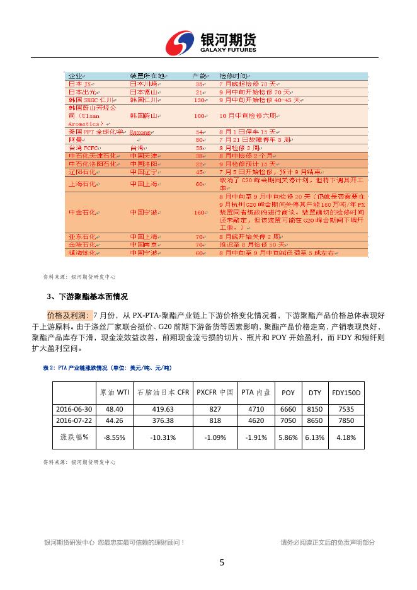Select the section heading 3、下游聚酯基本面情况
[x=88, y=296]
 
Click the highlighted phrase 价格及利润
[x=68, y=315]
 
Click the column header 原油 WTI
[x=115, y=392]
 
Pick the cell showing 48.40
[x=114, y=408]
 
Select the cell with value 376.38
[x=163, y=420]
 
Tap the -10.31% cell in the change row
[x=163, y=436]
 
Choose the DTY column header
[x=314, y=392]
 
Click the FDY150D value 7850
[x=346, y=420]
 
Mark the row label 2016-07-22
[x=74, y=420]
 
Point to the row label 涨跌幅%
[x=74, y=436]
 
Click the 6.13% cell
[x=314, y=436]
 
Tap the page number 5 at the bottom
[x=221, y=562]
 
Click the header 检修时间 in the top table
[x=231, y=76]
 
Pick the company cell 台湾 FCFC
[x=81, y=146]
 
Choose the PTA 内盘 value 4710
[x=256, y=408]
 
